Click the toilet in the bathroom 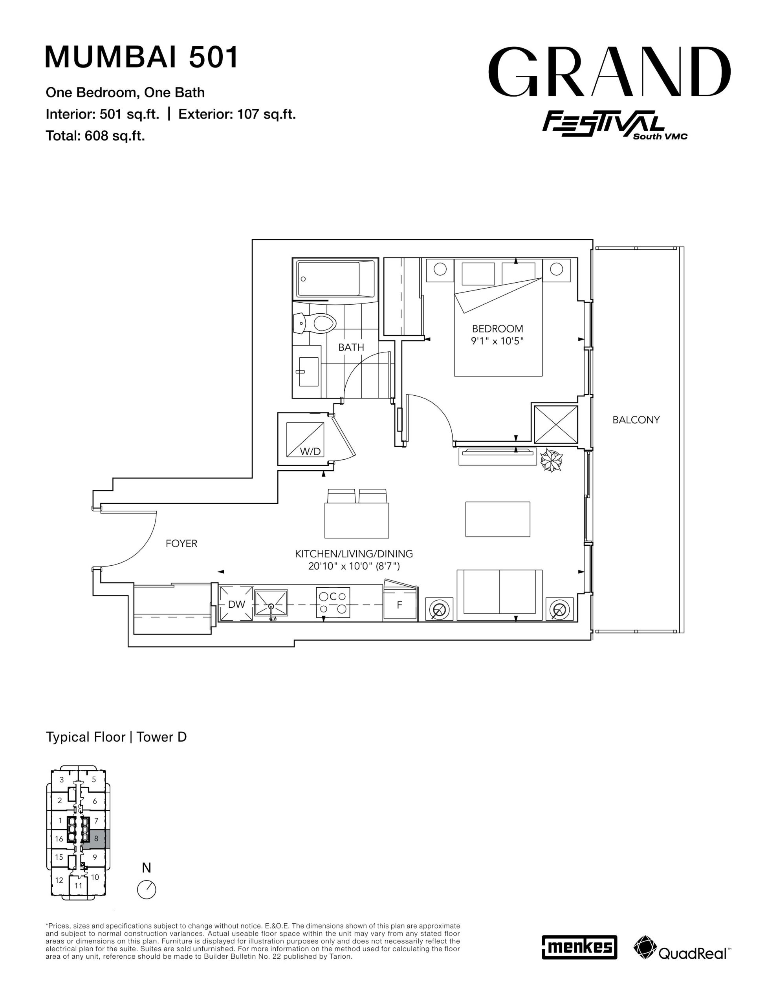pos(313,323)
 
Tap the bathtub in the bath pos(335,279)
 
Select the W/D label pos(310,451)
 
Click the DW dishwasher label pos(237,604)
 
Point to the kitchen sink pos(271,604)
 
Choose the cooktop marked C pos(333,602)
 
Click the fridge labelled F pos(400,605)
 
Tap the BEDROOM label pos(497,329)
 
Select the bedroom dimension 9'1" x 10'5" pos(497,342)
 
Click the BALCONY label pos(636,420)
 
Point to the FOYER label pos(181,543)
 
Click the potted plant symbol pos(551,460)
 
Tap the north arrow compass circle pos(147,889)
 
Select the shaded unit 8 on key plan pos(96,839)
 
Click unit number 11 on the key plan pos(78,885)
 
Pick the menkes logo pos(579,947)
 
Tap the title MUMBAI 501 pos(142,57)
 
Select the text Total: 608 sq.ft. pos(95,136)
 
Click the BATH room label pos(351,347)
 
